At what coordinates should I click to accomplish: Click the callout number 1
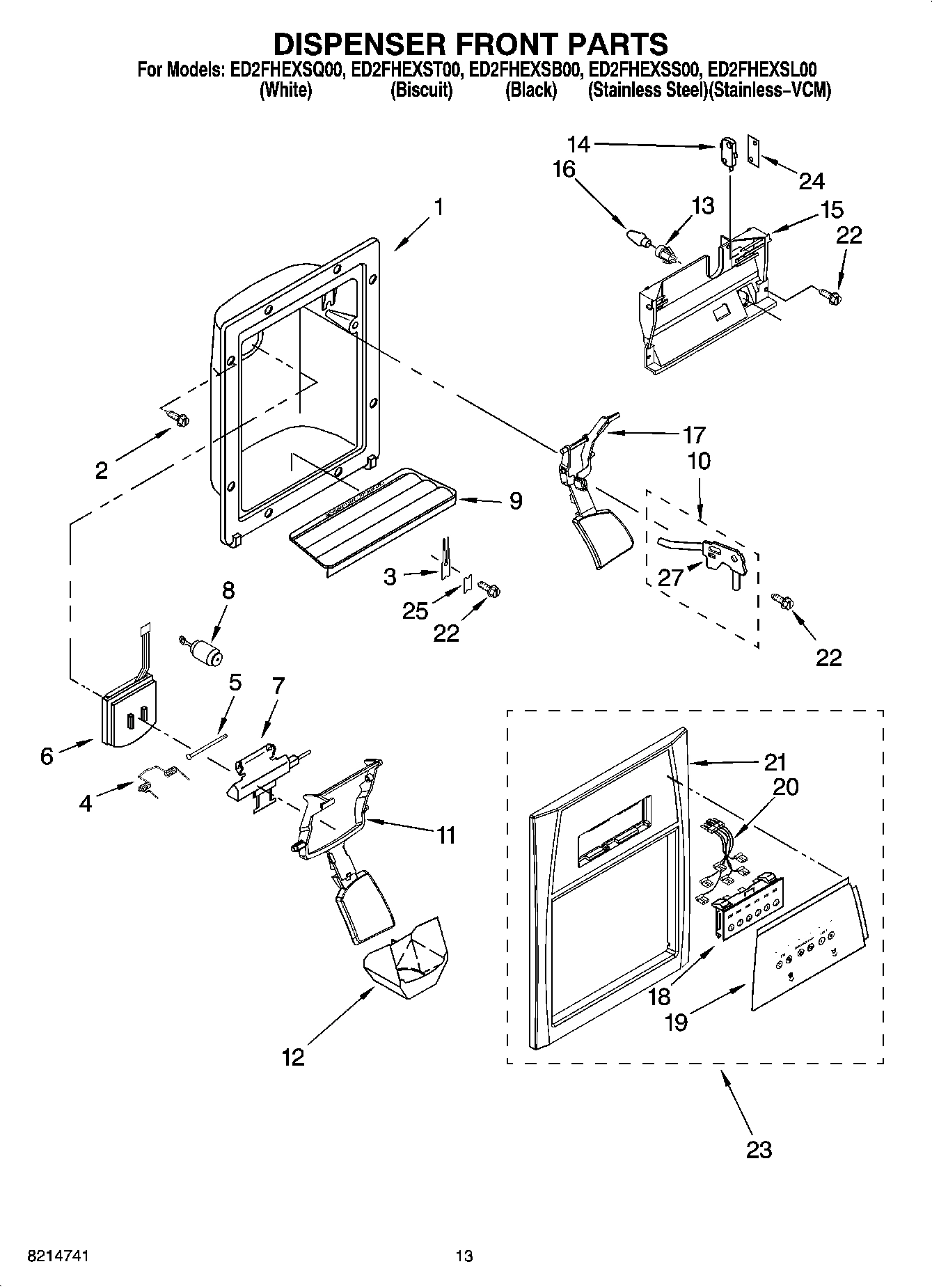pos(438,207)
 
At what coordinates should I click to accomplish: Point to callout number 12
pos(293,1057)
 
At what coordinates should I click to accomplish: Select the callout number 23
pos(759,1148)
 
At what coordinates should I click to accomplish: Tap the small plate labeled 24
pos(754,150)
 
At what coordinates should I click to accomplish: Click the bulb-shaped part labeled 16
pos(636,237)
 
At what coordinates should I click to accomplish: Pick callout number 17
pos(694,434)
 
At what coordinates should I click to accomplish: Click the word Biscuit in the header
pos(422,90)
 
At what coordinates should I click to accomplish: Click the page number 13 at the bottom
pos(464,1256)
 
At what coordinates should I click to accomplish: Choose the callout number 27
pos(670,577)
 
